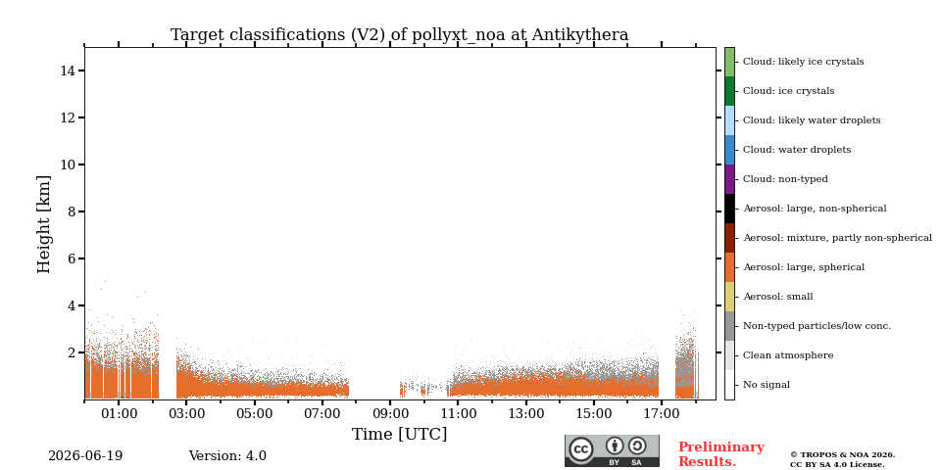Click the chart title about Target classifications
[400, 35]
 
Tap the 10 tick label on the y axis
[68, 164]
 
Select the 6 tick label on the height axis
[72, 258]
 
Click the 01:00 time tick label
[119, 413]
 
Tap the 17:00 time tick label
[662, 413]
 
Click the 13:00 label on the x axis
[525, 413]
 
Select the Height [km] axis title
[44, 224]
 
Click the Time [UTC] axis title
[400, 434]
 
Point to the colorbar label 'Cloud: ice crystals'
[788, 91]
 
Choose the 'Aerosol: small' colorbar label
[777, 297]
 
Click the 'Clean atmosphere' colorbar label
[788, 355]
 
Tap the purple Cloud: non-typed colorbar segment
[729, 179]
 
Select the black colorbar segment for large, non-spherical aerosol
[729, 209]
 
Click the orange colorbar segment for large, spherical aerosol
[729, 267]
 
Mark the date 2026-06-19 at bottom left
[85, 456]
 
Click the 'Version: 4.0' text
[227, 456]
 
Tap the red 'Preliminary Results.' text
[721, 454]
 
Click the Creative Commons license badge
[612, 450]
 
